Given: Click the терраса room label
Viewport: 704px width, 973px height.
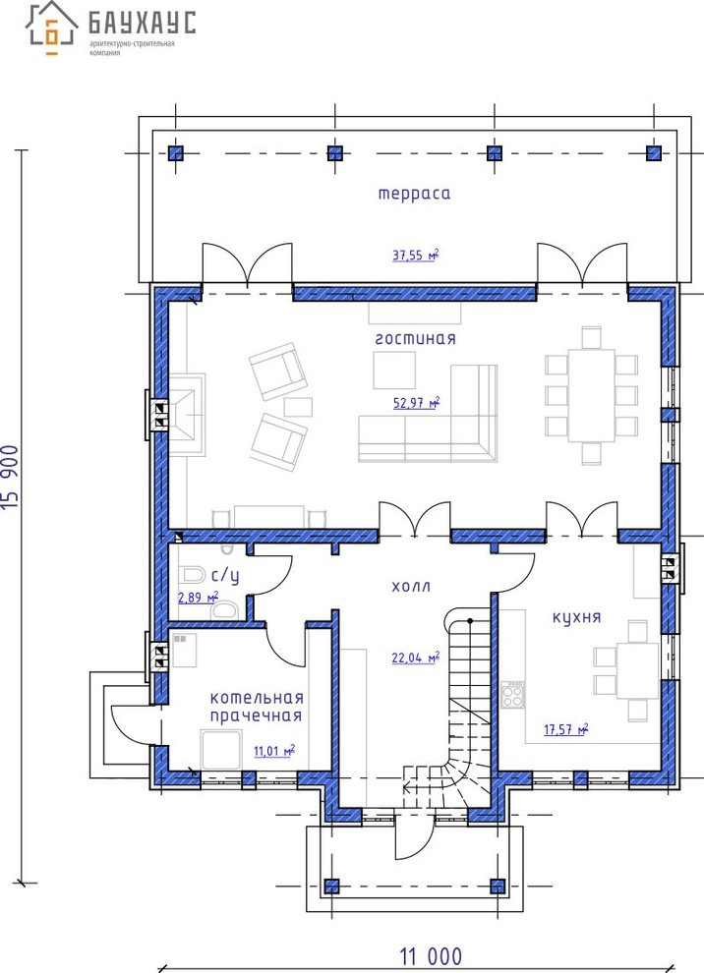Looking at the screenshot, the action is click(414, 194).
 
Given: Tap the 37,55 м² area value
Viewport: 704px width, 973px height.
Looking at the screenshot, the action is click(416, 255).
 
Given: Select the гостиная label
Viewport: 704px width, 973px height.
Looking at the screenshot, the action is click(415, 339).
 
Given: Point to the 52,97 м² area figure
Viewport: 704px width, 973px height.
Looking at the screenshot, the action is click(417, 403).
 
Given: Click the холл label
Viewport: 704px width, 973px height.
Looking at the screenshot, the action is click(411, 587).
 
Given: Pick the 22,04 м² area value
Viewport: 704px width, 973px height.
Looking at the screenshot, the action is click(416, 658).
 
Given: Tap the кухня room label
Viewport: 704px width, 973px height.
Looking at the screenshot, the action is click(577, 617).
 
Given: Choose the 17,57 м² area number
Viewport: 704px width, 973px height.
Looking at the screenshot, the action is click(566, 729).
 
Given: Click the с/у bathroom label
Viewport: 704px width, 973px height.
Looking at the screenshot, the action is click(225, 577).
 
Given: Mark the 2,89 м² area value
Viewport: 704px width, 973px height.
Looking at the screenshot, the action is click(198, 599).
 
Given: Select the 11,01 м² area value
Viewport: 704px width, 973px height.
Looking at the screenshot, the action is click(273, 752).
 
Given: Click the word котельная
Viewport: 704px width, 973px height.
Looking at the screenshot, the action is click(257, 698).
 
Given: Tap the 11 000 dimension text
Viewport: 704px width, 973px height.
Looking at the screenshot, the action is click(431, 955).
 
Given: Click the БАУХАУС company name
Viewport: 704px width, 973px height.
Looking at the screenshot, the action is click(143, 23).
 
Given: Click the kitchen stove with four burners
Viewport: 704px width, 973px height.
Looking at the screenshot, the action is click(513, 695).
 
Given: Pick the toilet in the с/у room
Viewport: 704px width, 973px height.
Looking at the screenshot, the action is click(192, 575).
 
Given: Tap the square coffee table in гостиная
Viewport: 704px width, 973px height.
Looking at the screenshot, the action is click(394, 371).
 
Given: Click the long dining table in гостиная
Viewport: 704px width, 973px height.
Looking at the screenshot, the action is click(591, 396).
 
